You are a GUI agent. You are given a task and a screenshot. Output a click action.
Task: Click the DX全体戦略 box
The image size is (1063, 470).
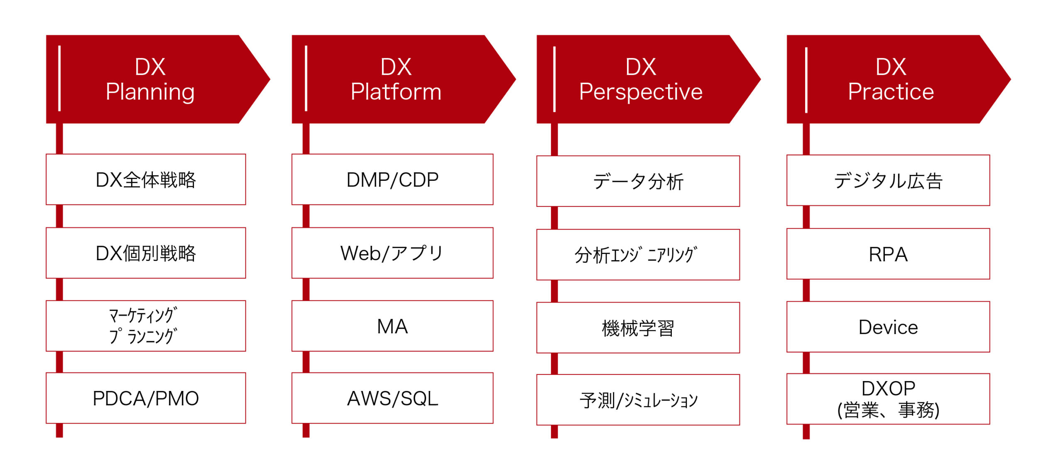click(x=146, y=180)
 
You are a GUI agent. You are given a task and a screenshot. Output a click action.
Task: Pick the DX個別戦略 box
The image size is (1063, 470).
click(x=146, y=253)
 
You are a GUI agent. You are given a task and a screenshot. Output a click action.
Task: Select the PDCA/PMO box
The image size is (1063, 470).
click(x=146, y=398)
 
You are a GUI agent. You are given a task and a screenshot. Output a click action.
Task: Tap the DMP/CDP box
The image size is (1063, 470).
click(x=392, y=180)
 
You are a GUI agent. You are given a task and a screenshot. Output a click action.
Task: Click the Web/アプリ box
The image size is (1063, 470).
click(x=392, y=253)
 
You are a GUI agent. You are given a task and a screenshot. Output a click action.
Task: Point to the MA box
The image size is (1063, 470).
click(x=392, y=326)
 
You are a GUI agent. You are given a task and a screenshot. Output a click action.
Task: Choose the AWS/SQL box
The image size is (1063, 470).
click(x=392, y=398)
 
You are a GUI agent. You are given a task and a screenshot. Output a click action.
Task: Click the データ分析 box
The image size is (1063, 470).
click(x=638, y=181)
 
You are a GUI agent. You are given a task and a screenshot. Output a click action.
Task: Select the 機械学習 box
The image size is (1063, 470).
click(x=638, y=328)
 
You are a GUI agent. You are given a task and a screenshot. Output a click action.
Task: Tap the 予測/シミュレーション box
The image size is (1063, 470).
click(x=638, y=400)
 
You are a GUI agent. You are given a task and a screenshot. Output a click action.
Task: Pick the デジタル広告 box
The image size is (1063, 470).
click(x=888, y=180)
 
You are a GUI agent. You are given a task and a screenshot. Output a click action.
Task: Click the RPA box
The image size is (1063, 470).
click(x=888, y=254)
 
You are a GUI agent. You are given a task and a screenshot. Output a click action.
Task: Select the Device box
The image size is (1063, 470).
click(x=888, y=327)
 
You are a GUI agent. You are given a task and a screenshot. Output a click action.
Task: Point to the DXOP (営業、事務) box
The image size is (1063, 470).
click(x=888, y=399)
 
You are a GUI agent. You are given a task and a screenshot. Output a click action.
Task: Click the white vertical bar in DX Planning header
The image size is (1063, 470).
click(x=60, y=79)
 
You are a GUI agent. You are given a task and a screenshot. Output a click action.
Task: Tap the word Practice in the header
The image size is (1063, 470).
click(x=891, y=92)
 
